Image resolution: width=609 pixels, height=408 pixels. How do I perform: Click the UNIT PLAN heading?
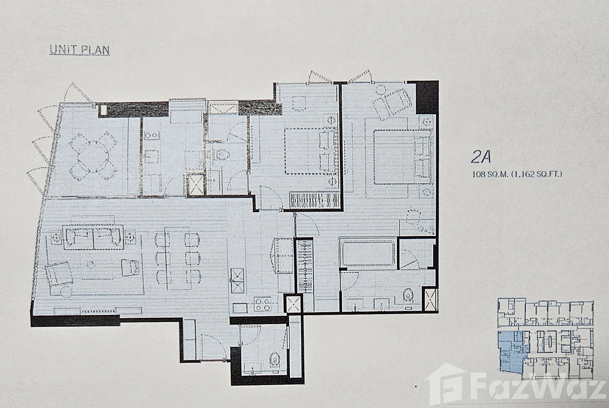(80, 50)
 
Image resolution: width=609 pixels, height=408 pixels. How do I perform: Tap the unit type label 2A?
(481, 157)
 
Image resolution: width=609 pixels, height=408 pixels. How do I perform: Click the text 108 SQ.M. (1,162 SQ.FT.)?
(517, 174)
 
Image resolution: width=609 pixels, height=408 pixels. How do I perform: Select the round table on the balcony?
(93, 157)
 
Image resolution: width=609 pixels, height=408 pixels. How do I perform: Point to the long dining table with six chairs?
(178, 258)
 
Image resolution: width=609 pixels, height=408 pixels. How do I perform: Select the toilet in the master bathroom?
(408, 296)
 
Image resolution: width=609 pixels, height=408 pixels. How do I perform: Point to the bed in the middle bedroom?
(311, 151)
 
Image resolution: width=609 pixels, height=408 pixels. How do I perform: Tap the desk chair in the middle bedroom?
(299, 103)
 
